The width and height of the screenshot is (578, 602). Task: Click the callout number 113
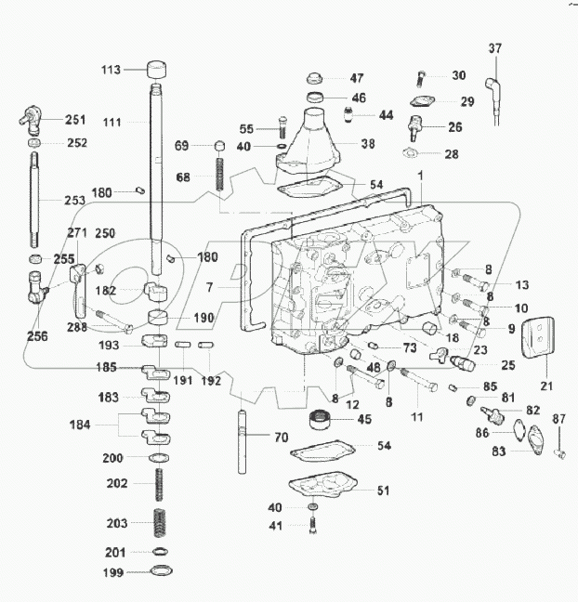click(112, 69)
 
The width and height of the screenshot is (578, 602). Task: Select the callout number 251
click(74, 120)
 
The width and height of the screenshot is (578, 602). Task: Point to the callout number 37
click(494, 48)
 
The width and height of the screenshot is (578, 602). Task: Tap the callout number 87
click(558, 420)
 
